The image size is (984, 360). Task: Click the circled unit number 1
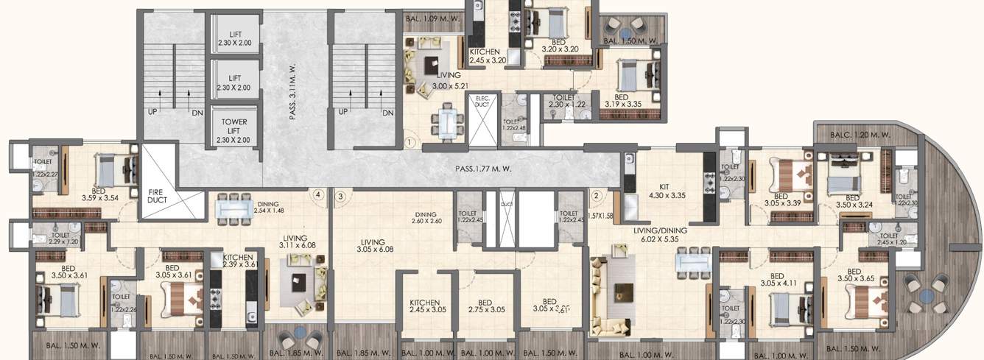pyautogui.click(x=410, y=142)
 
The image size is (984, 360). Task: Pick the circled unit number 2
pyautogui.click(x=597, y=196)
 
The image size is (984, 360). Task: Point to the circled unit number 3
pyautogui.click(x=340, y=196)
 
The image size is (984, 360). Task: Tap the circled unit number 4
pyautogui.click(x=317, y=196)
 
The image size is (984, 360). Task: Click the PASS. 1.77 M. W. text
pyautogui.click(x=483, y=169)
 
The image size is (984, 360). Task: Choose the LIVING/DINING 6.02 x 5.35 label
pyautogui.click(x=660, y=235)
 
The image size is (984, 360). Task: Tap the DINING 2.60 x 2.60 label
pyautogui.click(x=427, y=217)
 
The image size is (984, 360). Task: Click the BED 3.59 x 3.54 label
pyautogui.click(x=99, y=192)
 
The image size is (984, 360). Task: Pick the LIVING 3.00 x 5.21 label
pyautogui.click(x=447, y=80)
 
